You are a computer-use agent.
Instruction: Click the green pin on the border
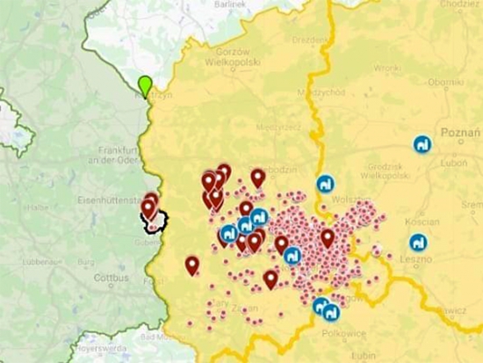click(145, 85)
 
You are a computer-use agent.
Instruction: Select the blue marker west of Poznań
click(422, 145)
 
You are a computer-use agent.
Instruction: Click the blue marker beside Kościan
click(418, 243)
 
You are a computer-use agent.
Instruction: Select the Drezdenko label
click(311, 40)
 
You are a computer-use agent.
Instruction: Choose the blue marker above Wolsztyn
click(325, 185)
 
